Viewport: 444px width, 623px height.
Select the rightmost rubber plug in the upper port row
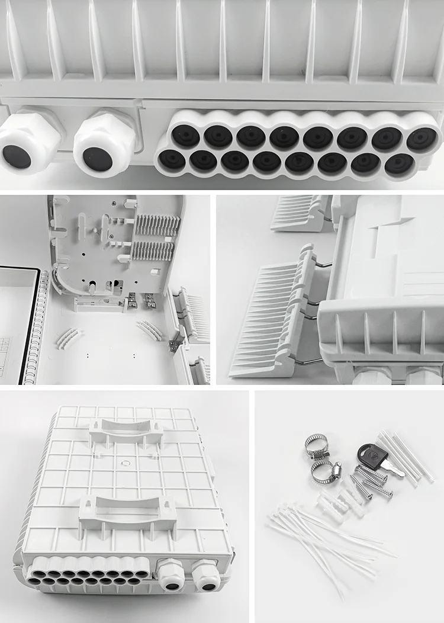[422, 139]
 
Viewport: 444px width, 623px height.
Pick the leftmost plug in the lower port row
[172, 159]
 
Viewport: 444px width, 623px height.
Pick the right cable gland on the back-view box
[206, 576]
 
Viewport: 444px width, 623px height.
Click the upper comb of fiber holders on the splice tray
[157, 224]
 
